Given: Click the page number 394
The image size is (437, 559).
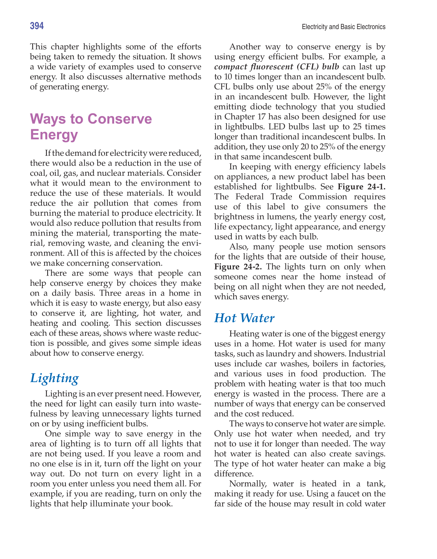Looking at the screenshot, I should [37, 26].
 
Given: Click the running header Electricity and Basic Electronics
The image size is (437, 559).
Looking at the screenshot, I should [343, 27].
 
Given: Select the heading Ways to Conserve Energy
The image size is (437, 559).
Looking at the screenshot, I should [91, 127].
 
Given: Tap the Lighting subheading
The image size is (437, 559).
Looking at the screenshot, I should [54, 378].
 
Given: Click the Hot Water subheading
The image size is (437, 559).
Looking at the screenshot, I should [244, 318].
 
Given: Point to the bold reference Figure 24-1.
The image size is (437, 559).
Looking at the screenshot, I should [361, 187].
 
